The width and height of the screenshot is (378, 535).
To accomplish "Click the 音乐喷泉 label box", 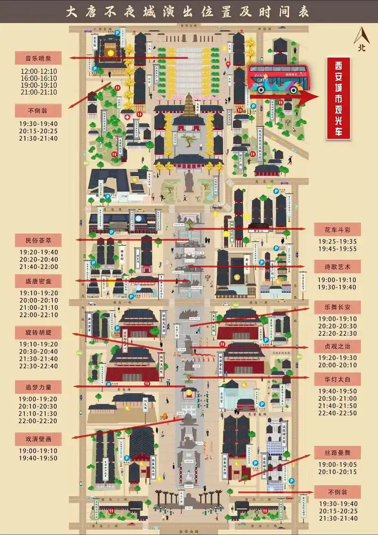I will pyautogui.click(x=39, y=59).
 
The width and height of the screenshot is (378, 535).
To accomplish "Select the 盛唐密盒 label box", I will pyautogui.click(x=39, y=281).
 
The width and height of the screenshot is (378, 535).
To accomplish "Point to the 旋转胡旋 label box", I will pyautogui.click(x=39, y=332).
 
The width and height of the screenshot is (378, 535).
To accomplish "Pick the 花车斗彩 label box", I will pyautogui.click(x=337, y=230).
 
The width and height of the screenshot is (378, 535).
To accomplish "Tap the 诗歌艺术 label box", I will pyautogui.click(x=337, y=267).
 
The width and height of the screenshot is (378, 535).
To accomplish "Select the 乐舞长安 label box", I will pyautogui.click(x=337, y=307).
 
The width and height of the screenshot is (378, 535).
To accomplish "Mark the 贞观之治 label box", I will pyautogui.click(x=337, y=347).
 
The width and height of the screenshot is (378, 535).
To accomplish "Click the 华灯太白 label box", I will pyautogui.click(x=337, y=379).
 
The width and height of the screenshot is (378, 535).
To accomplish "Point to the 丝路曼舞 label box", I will pyautogui.click(x=337, y=453).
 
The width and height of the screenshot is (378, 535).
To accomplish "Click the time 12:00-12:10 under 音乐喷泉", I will pyautogui.click(x=39, y=71).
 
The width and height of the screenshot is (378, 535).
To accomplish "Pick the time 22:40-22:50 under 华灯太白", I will pyautogui.click(x=337, y=413).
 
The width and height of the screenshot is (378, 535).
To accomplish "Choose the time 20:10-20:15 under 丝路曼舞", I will pyautogui.click(x=337, y=472).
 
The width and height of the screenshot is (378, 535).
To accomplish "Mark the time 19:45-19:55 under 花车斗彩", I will pyautogui.click(x=337, y=249).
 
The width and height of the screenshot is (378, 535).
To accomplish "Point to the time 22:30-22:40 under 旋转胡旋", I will pyautogui.click(x=39, y=366).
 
